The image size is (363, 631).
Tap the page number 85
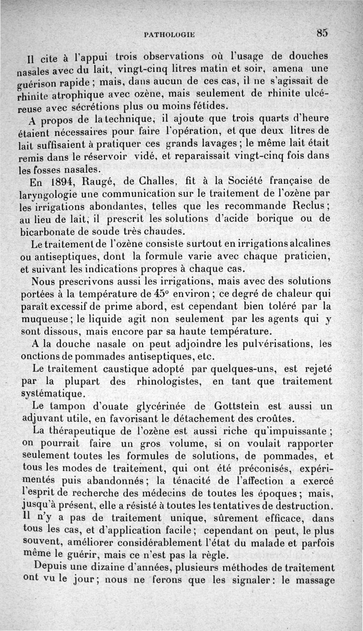(323, 33)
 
